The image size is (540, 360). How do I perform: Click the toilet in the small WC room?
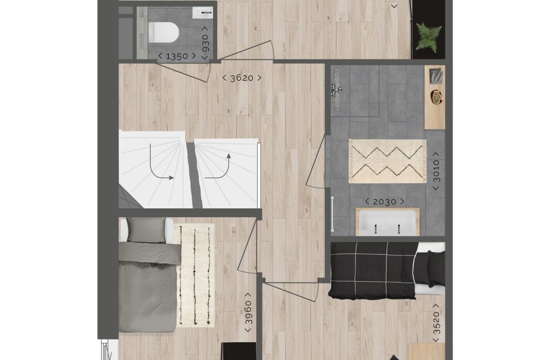click(x=163, y=32)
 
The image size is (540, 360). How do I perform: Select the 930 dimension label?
click(x=205, y=45)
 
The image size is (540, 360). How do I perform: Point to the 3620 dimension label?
click(x=242, y=78)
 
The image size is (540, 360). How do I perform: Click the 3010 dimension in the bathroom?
click(x=436, y=171)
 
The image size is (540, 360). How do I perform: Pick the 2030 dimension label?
click(x=384, y=202)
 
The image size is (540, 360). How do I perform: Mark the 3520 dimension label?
click(x=436, y=323)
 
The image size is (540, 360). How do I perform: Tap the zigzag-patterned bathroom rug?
click(x=387, y=161)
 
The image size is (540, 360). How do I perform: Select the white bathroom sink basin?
click(x=387, y=222)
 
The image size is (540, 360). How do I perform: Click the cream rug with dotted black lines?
click(x=195, y=275)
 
